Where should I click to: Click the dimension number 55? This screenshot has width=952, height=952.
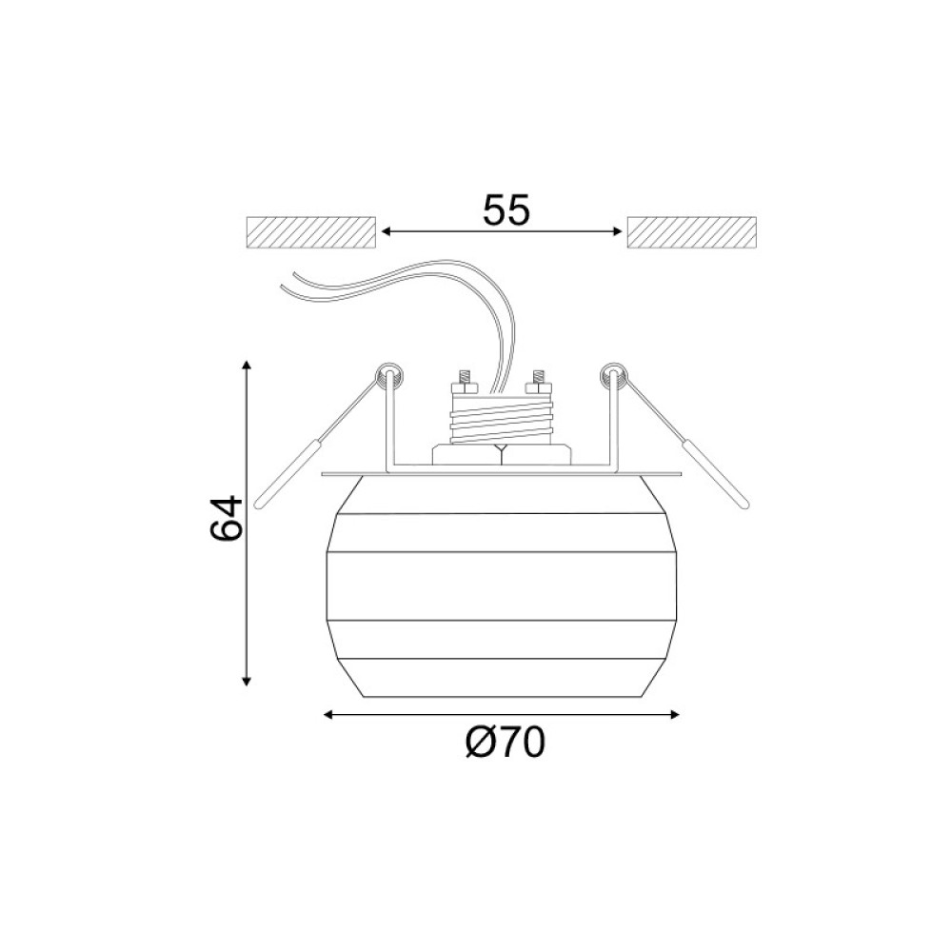(x=506, y=210)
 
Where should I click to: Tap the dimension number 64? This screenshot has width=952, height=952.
(x=226, y=519)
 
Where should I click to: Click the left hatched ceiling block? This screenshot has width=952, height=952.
(x=311, y=232)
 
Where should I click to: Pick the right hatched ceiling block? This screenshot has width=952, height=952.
(x=691, y=232)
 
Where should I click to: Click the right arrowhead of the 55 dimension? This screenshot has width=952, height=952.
(x=618, y=231)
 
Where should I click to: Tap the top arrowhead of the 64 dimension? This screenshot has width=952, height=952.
(x=246, y=365)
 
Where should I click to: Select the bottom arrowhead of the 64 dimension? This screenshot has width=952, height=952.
(x=246, y=681)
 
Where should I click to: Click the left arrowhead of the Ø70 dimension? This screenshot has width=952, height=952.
(x=328, y=715)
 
